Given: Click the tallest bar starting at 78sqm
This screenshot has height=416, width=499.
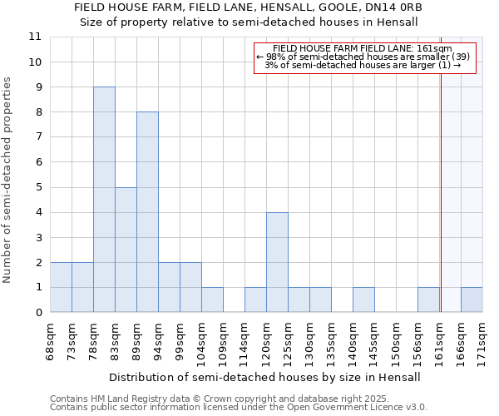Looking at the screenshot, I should coord(104,200).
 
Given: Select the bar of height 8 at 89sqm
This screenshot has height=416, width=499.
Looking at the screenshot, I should coord(147,212).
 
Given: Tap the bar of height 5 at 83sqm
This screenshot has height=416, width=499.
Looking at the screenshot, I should coord(126,250).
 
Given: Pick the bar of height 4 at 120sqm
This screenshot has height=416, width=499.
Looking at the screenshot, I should coord(277,262).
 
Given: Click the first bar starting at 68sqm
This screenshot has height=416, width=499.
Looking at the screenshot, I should coord(61,287).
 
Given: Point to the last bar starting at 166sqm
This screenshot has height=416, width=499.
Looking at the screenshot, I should coord(472,300).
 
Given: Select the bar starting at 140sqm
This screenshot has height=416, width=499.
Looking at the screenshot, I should coord(363,300).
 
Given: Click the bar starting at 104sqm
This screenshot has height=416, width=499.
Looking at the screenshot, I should coord(212,300).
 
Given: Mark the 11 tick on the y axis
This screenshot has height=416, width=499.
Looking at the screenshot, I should coord(35,37).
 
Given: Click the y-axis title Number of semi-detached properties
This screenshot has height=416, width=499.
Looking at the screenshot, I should coord(7,180).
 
